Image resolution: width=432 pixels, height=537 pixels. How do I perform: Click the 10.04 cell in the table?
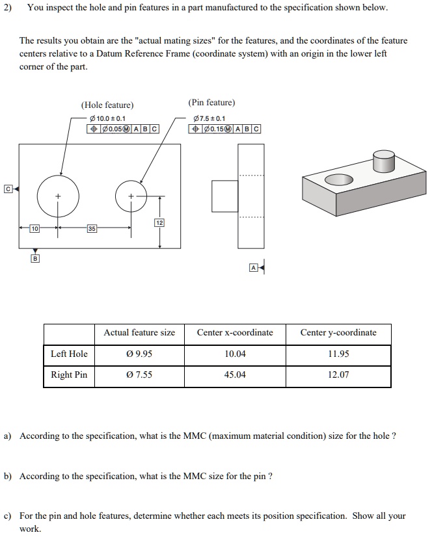pos(235,354)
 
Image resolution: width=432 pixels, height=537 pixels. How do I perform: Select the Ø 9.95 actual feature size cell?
pos(139,354)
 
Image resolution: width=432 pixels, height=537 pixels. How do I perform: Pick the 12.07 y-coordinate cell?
pos(338,375)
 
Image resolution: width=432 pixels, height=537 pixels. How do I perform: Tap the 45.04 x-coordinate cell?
pos(235,375)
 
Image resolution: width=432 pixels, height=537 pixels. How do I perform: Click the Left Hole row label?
pos(69,354)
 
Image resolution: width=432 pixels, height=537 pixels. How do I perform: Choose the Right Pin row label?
pos(69,375)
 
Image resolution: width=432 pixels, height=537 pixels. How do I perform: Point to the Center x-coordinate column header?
pos(235,333)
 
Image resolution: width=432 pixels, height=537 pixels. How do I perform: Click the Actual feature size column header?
pos(139,333)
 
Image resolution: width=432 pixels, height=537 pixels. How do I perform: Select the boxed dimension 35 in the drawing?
pos(94,228)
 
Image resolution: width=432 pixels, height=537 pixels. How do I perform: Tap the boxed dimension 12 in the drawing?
pos(159,223)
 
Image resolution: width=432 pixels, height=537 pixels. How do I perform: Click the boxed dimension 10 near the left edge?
pos(35,228)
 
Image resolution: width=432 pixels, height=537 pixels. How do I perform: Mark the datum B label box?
pos(35,259)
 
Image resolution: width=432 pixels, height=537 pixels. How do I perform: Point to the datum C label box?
pos(7,189)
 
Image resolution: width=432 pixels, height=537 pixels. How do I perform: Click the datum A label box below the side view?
pos(253,267)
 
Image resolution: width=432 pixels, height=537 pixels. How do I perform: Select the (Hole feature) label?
pos(107,105)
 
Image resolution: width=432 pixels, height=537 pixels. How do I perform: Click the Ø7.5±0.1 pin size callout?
pos(210,118)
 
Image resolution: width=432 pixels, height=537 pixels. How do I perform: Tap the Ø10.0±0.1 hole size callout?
pos(107,118)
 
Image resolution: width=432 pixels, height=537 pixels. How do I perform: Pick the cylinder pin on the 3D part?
pos(383,161)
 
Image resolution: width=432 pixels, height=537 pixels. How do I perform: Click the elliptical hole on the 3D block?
pos(338,179)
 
